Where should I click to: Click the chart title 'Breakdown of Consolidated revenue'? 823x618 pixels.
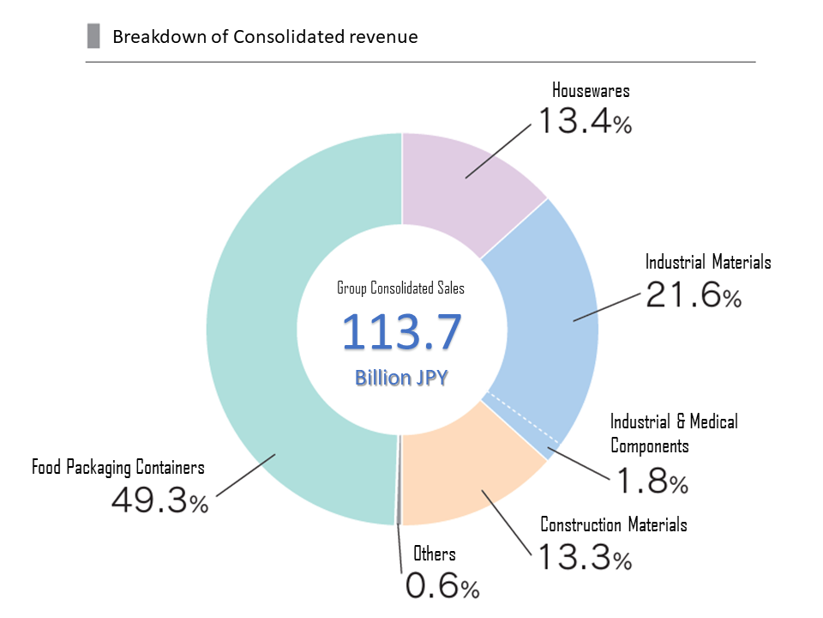[x=265, y=37]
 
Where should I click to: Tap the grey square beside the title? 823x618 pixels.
[x=93, y=37]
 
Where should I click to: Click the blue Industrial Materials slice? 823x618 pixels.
[x=549, y=300]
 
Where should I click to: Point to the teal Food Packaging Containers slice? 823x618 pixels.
[x=257, y=343]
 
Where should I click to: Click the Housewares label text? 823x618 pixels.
[x=591, y=90]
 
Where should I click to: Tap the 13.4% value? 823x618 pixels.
[x=584, y=122]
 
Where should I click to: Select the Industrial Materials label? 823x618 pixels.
[x=708, y=262]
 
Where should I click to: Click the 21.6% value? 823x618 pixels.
[x=694, y=296]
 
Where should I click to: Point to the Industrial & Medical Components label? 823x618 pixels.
[x=673, y=433]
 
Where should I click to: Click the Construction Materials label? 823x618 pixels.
[x=613, y=524]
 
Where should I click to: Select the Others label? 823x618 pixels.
[x=435, y=554]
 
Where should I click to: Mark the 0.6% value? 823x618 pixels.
[x=442, y=587]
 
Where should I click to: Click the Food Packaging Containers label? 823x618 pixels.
[x=118, y=468]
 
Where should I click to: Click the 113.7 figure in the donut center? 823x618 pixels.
[x=402, y=333]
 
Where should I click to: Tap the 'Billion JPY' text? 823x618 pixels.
[x=401, y=378]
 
